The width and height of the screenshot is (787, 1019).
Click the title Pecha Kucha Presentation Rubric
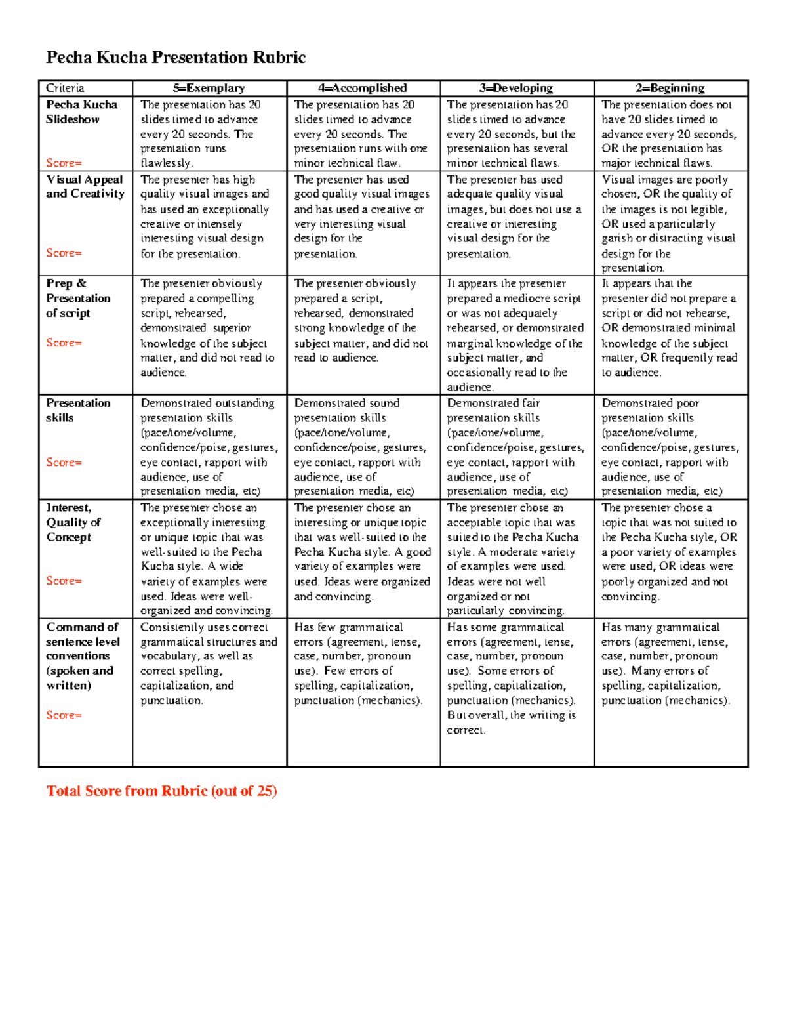click(x=176, y=58)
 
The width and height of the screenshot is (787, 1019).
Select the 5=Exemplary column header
click(x=209, y=88)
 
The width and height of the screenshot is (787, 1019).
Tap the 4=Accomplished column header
click(x=363, y=88)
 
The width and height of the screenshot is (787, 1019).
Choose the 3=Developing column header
click(x=516, y=88)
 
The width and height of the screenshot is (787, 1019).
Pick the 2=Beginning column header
click(x=670, y=88)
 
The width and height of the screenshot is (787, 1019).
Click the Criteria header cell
click(x=66, y=88)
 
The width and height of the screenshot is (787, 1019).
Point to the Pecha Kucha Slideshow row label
click(x=81, y=112)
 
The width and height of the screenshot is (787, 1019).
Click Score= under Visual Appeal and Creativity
click(x=64, y=253)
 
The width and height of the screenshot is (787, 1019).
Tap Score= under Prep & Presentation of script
click(x=64, y=343)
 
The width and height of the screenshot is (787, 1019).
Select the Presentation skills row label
click(x=78, y=410)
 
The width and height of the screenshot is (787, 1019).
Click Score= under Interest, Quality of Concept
click(x=64, y=581)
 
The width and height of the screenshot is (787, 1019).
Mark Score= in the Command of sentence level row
click(x=64, y=715)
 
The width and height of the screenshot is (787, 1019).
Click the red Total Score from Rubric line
click(x=161, y=791)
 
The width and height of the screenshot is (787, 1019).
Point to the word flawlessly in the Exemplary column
click(x=165, y=163)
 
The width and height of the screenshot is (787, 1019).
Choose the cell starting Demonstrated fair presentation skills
click(x=515, y=447)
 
